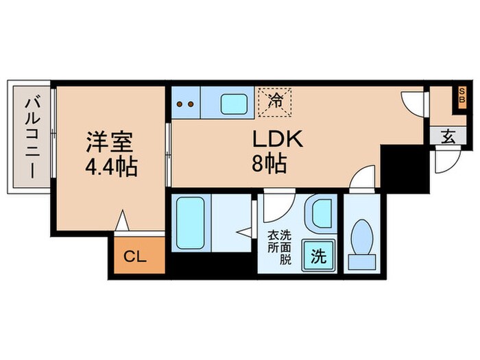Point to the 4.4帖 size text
coord(110,167)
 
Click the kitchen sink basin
coord(235,104)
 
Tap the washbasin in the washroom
coord(319,214)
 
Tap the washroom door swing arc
coord(276,204)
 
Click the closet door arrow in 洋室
coord(122,220)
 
